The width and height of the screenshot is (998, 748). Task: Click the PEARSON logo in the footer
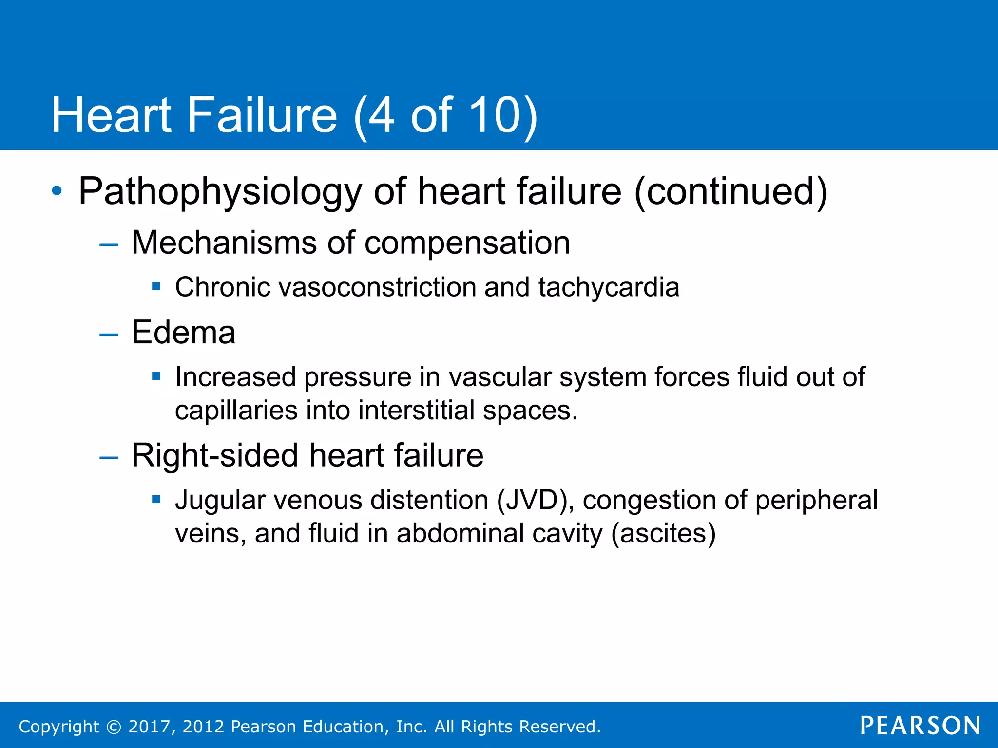pyautogui.click(x=920, y=726)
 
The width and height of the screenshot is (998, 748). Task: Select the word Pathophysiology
pyautogui.click(x=220, y=191)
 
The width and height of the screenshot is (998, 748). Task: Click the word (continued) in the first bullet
pyautogui.click(x=730, y=191)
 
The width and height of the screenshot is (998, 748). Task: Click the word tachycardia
pyautogui.click(x=609, y=287)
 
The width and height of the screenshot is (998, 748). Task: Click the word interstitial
pyautogui.click(x=416, y=410)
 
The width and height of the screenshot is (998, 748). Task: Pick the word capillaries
pyautogui.click(x=236, y=410)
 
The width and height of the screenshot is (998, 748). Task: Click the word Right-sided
pyautogui.click(x=214, y=455)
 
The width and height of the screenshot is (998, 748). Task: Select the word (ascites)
pyautogui.click(x=663, y=533)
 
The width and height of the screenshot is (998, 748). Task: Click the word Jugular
pyautogui.click(x=220, y=500)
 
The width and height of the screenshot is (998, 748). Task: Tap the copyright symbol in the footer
pyautogui.click(x=114, y=727)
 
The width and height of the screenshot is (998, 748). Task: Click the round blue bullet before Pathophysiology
pyautogui.click(x=57, y=191)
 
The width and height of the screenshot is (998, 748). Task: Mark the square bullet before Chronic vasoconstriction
pyautogui.click(x=156, y=286)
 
